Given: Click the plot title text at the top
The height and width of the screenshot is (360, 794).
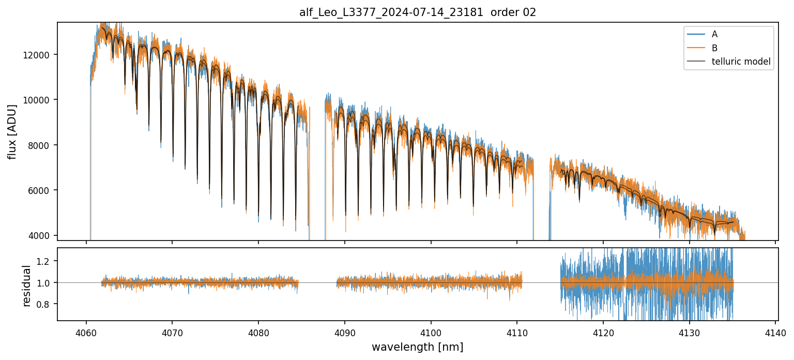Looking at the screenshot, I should pyautogui.click(x=418, y=12).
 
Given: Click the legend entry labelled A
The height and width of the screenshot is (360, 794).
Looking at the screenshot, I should pyautogui.click(x=714, y=34).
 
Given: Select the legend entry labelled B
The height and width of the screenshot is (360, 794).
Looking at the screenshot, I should pyautogui.click(x=714, y=48).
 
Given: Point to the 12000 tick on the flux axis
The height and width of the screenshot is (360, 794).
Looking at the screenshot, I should pyautogui.click(x=40, y=55).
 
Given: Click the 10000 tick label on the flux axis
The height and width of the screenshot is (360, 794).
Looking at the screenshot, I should pyautogui.click(x=40, y=100).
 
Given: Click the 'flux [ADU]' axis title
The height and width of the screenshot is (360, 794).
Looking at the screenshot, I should pyautogui.click(x=12, y=131).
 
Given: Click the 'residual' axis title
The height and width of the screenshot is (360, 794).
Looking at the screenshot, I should pyautogui.click(x=27, y=286).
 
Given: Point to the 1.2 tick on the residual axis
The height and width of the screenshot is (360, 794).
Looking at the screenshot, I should pyautogui.click(x=45, y=261).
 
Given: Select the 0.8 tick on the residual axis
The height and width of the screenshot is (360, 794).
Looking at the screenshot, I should pyautogui.click(x=45, y=304).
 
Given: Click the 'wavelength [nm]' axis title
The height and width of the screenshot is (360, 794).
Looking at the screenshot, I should pyautogui.click(x=418, y=347).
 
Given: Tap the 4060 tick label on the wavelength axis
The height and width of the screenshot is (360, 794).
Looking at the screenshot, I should pyautogui.click(x=86, y=332).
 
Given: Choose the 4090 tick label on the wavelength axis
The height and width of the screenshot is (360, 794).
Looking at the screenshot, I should pyautogui.click(x=344, y=332).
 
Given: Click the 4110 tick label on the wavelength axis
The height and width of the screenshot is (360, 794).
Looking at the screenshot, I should pyautogui.click(x=517, y=332).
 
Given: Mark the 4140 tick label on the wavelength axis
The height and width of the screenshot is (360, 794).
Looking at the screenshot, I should pyautogui.click(x=775, y=332).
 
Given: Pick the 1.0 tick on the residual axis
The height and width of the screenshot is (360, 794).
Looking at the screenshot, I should pyautogui.click(x=45, y=283).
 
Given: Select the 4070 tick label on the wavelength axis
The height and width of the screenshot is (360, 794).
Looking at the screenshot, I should pyautogui.click(x=172, y=332).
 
